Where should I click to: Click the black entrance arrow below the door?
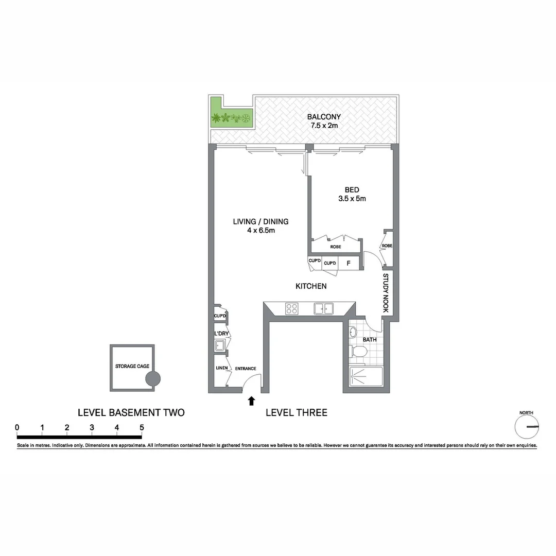point(251,401)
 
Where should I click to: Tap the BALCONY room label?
point(324,117)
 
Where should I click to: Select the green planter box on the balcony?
point(231,118)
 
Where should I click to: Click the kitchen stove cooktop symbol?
point(292,308)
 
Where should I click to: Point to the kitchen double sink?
point(324,308)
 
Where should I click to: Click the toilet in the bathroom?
point(358,352)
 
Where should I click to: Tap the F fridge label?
point(349,264)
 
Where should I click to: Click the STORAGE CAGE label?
point(132,366)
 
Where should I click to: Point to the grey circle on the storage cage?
point(153,379)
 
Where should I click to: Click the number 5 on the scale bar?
point(141,427)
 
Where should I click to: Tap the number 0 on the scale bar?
point(18,427)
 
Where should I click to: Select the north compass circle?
point(527,427)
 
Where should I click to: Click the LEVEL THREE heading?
point(296,412)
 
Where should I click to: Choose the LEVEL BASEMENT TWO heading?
point(131,412)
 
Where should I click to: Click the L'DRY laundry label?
point(221,334)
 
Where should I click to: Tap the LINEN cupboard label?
point(221,368)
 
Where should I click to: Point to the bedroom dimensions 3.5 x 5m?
point(352,199)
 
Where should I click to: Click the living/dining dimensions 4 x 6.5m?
point(260,231)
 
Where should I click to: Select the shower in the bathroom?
point(366,378)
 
